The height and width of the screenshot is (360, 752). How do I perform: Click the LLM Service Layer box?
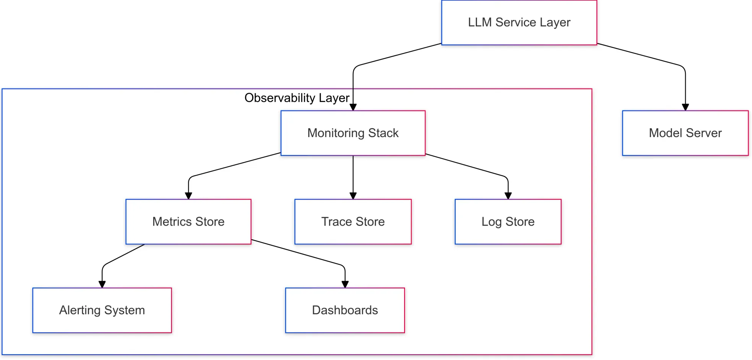click(x=519, y=23)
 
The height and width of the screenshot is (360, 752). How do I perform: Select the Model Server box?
click(x=685, y=133)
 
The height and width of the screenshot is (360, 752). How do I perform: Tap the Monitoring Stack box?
click(x=353, y=133)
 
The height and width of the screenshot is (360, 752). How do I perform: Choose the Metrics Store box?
click(x=188, y=222)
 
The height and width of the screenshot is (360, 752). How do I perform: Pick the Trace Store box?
click(x=353, y=222)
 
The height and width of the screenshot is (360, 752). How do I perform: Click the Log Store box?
click(x=508, y=222)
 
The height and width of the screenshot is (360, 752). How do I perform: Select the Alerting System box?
click(x=102, y=310)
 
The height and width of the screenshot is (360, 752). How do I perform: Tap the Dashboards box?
click(x=345, y=310)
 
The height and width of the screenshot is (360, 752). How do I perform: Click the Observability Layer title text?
click(x=297, y=98)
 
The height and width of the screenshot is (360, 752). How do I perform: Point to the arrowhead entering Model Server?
click(x=685, y=107)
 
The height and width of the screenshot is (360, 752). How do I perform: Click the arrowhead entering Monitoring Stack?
click(x=353, y=107)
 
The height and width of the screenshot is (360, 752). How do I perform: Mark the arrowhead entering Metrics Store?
click(x=189, y=196)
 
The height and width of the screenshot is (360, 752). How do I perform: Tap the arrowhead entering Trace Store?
click(x=353, y=196)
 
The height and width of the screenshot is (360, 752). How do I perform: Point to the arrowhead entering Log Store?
click(x=508, y=196)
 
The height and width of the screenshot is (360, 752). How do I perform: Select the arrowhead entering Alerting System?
click(x=102, y=284)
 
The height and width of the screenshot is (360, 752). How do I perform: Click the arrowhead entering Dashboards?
click(x=345, y=284)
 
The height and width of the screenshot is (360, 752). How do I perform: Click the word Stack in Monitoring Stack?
click(x=383, y=133)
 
